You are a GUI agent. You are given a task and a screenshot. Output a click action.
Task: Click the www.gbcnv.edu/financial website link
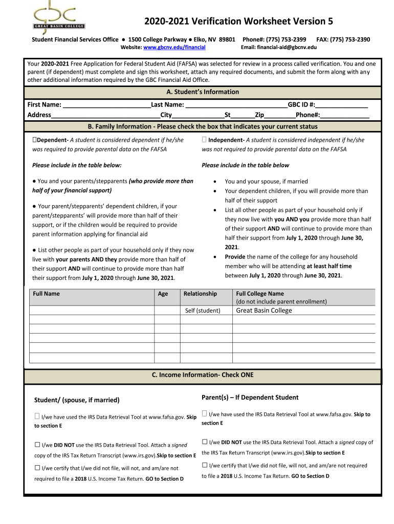(x=174, y=47)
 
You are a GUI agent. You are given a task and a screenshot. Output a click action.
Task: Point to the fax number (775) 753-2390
(x=351, y=39)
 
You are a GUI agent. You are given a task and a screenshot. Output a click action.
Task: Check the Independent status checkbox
(x=204, y=140)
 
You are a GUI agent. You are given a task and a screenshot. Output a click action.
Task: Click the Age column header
(x=163, y=294)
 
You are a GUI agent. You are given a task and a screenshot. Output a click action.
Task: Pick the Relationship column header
(x=200, y=294)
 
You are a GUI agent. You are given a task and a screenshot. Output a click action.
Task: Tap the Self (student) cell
(x=202, y=311)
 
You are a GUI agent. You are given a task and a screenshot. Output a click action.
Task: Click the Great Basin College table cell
(x=264, y=311)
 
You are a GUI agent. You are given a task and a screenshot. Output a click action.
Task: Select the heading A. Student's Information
(x=203, y=92)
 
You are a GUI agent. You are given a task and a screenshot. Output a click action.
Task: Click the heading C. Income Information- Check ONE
(x=203, y=375)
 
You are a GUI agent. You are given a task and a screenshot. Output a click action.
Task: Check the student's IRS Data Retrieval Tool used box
(x=37, y=417)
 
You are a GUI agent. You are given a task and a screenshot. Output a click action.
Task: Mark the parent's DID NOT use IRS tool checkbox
(x=205, y=442)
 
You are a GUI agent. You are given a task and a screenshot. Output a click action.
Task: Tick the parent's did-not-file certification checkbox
(x=205, y=465)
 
